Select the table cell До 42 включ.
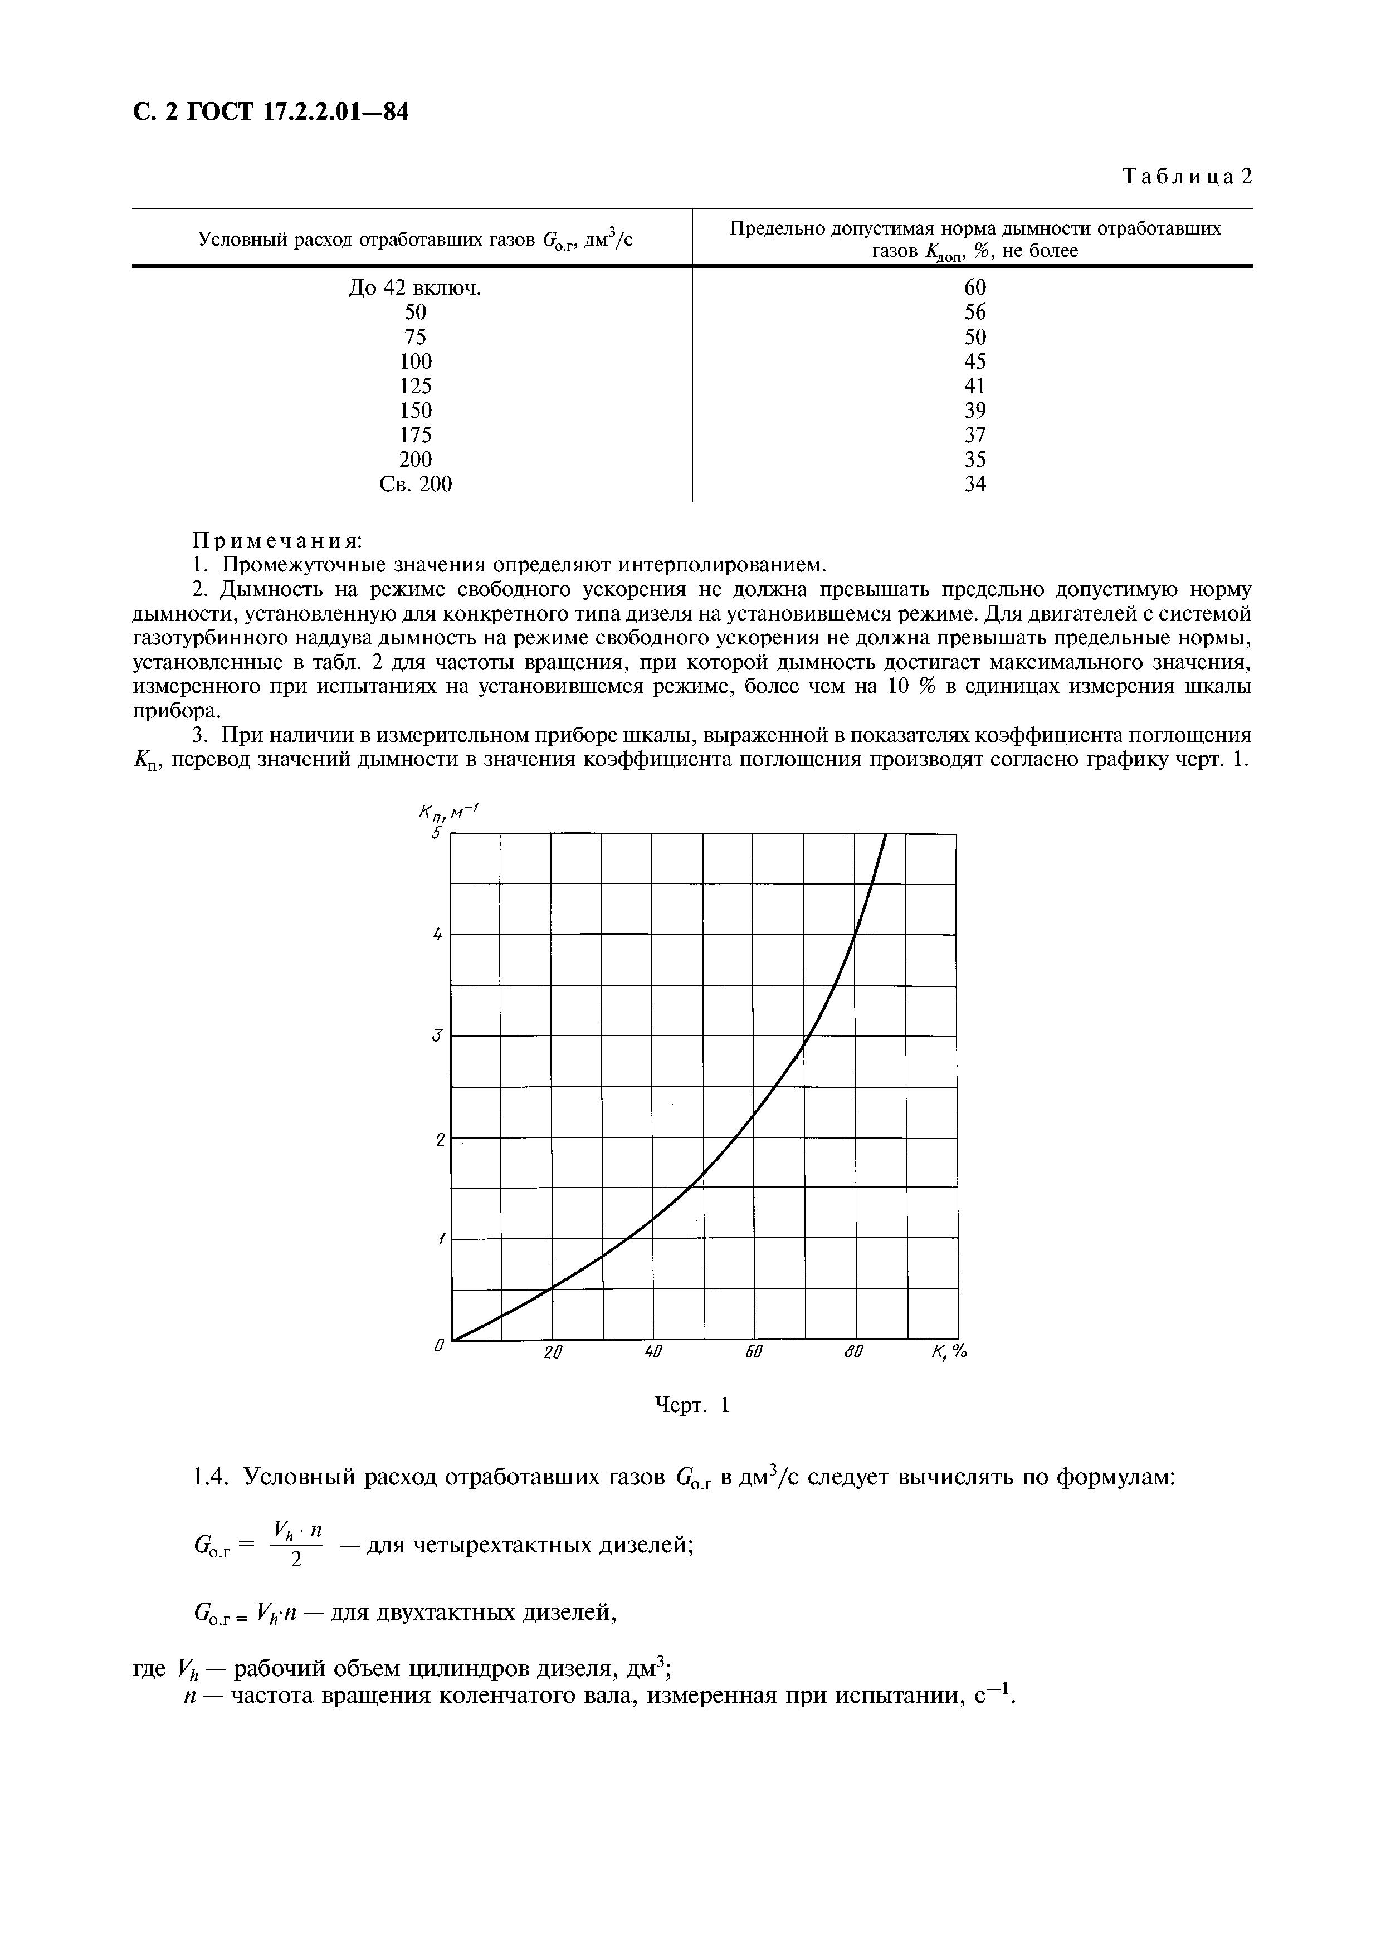(x=414, y=289)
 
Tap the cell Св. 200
(x=415, y=484)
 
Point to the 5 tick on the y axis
(x=436, y=833)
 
